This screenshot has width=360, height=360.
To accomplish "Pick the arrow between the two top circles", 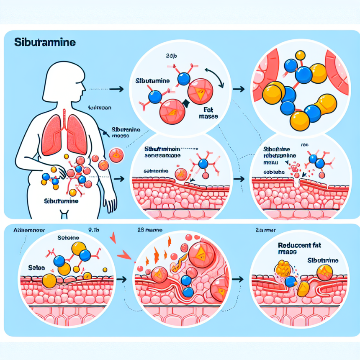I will coord(239,89).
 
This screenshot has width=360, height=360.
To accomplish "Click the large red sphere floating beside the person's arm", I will coord(116,155).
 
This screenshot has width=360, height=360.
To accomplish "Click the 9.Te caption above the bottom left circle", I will coord(95,229).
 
